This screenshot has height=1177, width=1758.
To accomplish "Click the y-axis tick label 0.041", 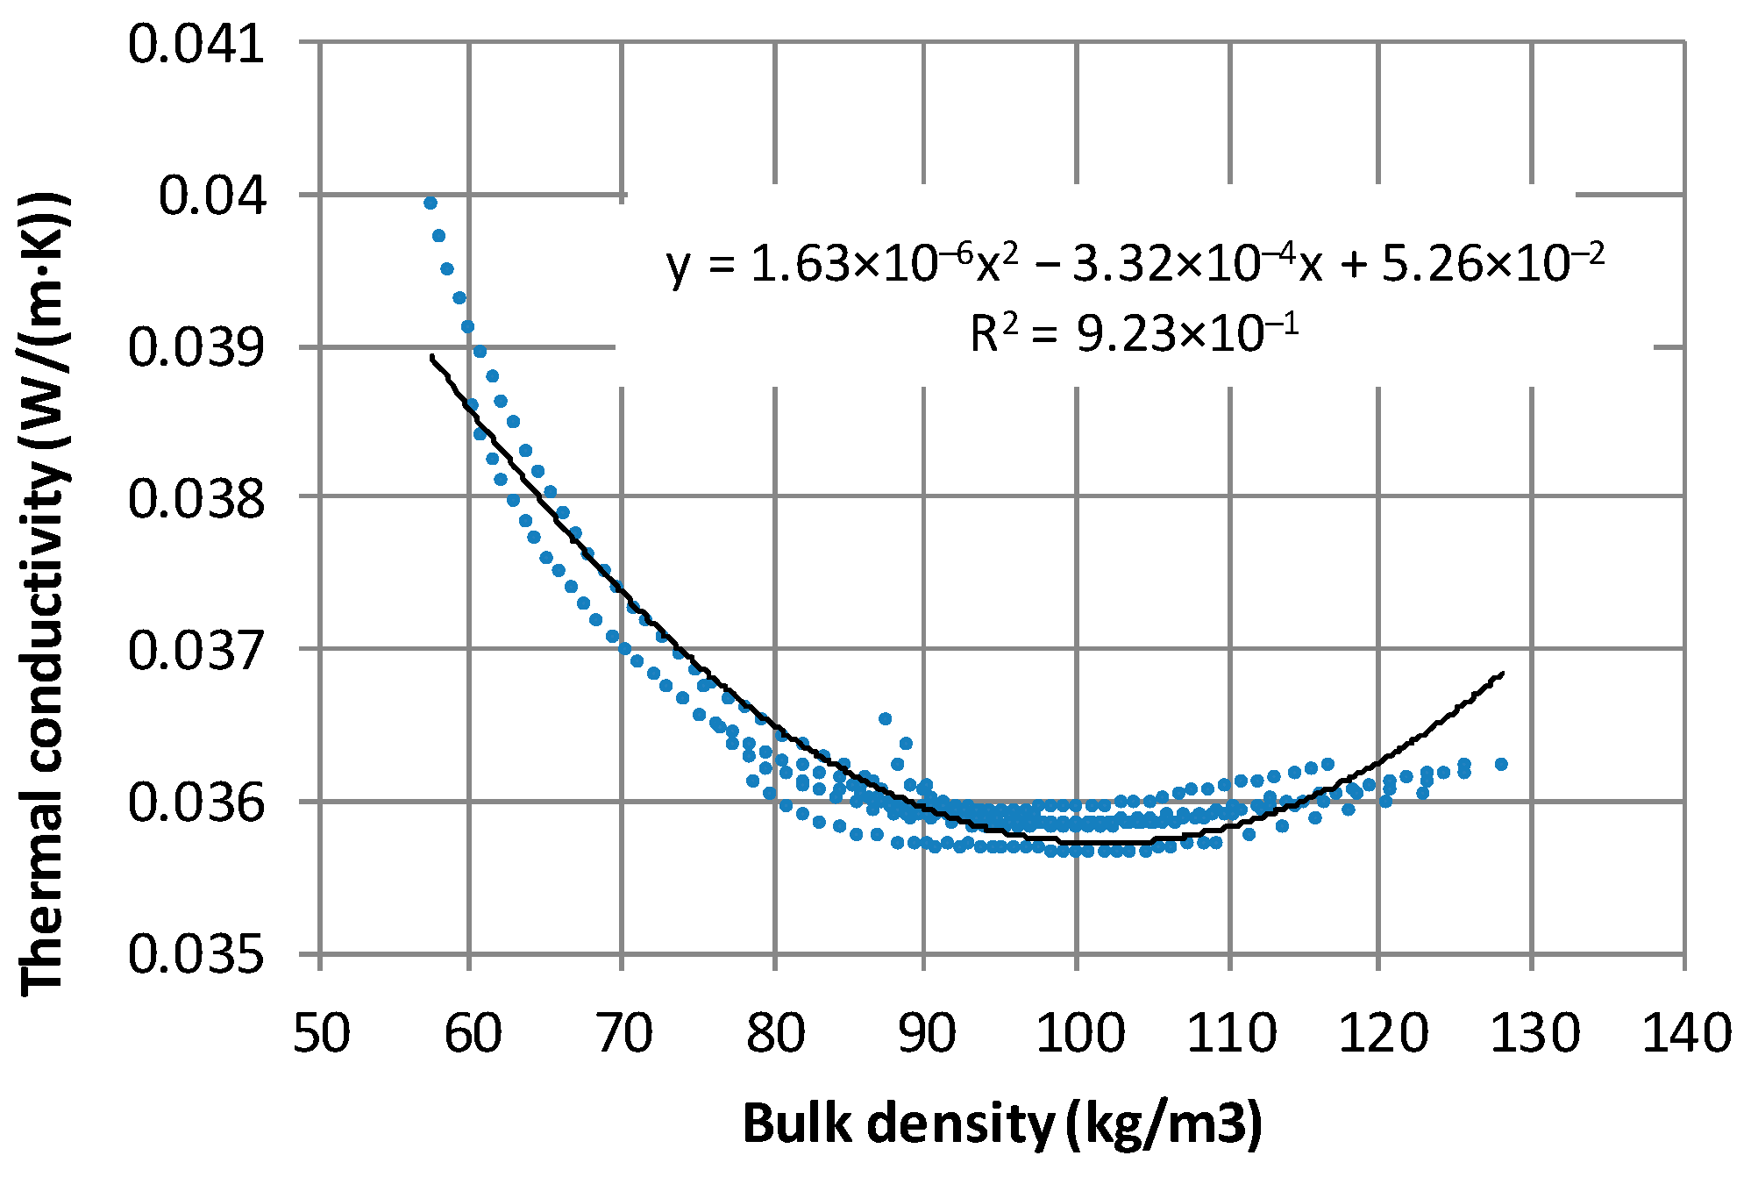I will pos(196,44).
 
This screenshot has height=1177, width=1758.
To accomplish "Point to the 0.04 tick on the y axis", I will pos(211,196).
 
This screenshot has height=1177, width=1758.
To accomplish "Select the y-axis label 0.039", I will pos(196,347).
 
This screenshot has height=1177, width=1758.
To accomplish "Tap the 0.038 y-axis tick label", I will pos(196,498).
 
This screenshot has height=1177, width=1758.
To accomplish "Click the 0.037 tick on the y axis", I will pos(196,651).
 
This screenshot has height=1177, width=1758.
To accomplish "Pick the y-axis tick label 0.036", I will pos(196,803).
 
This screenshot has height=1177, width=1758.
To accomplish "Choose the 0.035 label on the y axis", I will pos(196,955).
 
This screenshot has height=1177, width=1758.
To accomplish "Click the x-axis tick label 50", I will pos(321,1033).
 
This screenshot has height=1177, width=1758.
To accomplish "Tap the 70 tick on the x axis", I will pos(623,1033).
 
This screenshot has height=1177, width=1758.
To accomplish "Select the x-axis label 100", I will pos(1078,1033).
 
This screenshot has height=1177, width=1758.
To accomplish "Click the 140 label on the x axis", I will pos(1685,1033).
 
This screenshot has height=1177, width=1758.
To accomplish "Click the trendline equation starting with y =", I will pos(1135,264).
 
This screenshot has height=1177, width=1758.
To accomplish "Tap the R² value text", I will pos(1134,333).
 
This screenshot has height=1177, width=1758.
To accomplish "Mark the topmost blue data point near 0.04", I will pos(431,203).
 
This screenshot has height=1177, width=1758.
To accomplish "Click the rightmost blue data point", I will pos(1501,764).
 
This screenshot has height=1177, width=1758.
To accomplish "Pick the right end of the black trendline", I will pos(1503,674).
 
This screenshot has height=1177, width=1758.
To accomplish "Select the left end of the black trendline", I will pos(431,356).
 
